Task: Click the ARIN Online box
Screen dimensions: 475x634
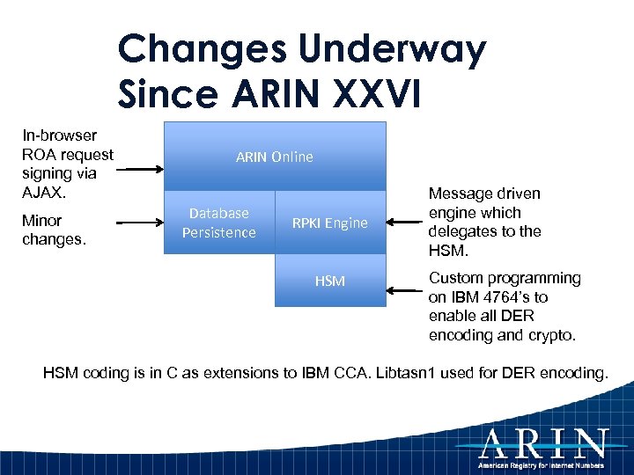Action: (275, 157)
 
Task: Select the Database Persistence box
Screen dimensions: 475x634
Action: (219, 223)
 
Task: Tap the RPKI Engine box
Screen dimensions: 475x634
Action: (331, 223)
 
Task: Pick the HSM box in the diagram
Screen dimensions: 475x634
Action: (330, 281)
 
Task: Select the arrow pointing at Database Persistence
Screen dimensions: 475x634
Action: (140, 223)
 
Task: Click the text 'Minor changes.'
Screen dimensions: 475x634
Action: (53, 230)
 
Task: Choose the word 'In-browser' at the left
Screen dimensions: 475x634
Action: (59, 135)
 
